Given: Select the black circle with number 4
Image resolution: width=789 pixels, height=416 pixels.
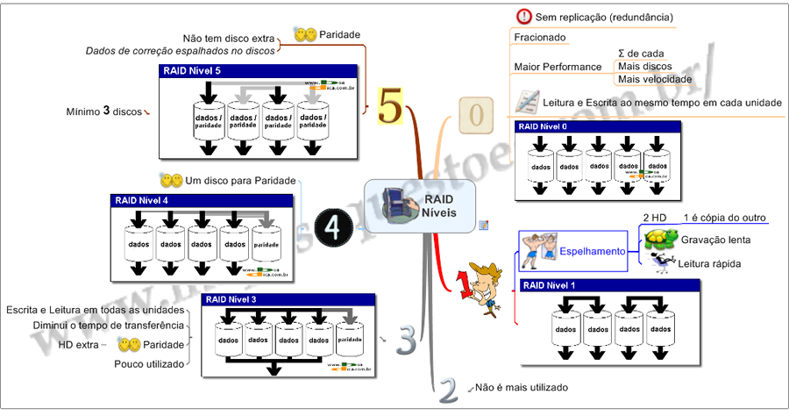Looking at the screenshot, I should point(333,226).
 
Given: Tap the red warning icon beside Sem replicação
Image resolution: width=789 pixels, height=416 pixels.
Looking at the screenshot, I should point(524,16).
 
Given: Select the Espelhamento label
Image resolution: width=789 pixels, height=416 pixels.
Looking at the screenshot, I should point(592,251).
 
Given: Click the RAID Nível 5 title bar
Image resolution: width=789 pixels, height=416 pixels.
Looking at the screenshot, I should point(259,71).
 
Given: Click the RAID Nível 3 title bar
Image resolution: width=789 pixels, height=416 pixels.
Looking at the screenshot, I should point(288,299).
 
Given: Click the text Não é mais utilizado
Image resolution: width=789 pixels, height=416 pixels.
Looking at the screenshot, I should point(521,387).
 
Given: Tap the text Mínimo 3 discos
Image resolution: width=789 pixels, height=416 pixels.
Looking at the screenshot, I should point(103,111).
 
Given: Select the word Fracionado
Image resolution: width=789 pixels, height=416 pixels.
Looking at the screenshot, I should point(539,38).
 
